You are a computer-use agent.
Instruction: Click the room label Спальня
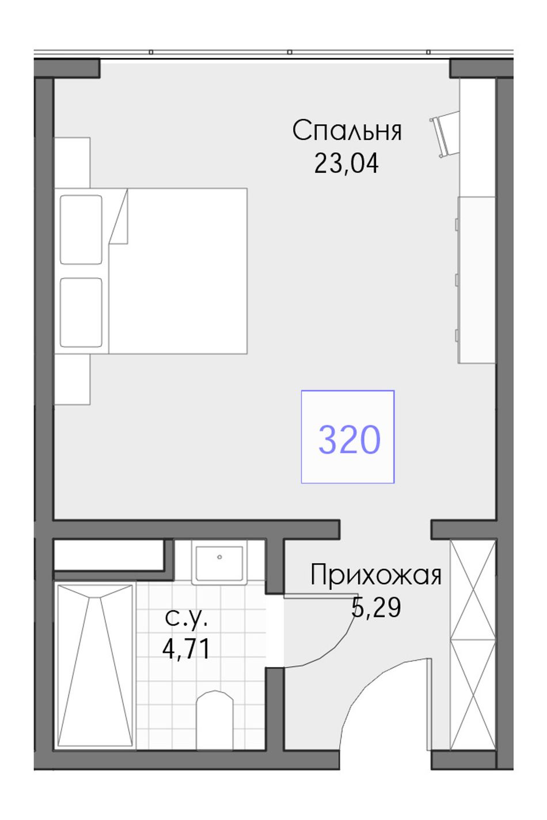tap(347, 131)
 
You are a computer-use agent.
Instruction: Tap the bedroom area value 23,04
tap(346, 163)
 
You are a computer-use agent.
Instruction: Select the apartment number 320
tap(350, 439)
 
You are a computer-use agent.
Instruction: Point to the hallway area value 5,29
tap(376, 607)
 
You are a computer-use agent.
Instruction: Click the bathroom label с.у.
tap(187, 617)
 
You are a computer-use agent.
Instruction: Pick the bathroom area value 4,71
tap(187, 649)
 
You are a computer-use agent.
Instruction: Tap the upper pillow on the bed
tap(81, 230)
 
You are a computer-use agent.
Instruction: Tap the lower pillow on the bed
tap(81, 312)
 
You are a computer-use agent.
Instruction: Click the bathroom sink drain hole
tap(219, 557)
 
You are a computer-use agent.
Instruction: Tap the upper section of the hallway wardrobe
tap(473, 590)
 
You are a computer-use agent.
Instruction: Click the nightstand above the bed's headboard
tap(73, 163)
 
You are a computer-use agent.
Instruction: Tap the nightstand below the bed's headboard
tap(73, 379)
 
